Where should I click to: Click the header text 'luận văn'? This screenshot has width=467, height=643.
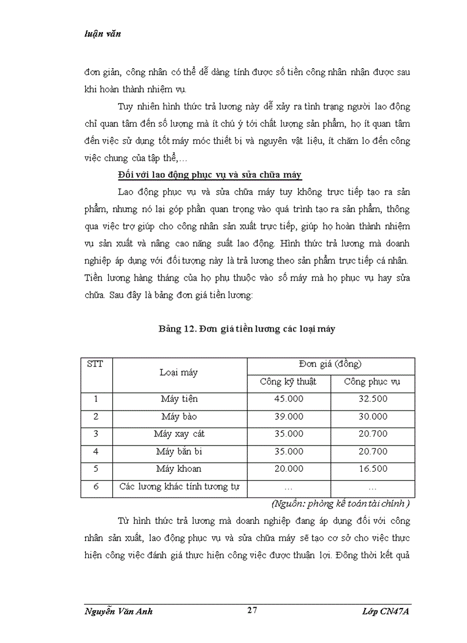(102, 34)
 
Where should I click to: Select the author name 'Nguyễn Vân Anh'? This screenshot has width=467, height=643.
(118, 612)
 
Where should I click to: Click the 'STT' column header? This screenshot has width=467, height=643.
(95, 364)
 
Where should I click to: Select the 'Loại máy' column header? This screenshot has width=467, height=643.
(179, 373)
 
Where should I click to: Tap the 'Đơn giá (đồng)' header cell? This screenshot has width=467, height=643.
(330, 364)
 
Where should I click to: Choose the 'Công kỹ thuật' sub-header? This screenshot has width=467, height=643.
(288, 382)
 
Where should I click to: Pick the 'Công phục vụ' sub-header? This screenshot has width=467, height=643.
(373, 382)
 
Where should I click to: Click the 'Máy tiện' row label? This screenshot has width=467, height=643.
(179, 399)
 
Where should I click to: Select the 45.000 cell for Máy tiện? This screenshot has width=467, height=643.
(288, 399)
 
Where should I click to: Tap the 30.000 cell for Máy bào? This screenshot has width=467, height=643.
(373, 417)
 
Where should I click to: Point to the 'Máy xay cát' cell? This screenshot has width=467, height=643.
(179, 434)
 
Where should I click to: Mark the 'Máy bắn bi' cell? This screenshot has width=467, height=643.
(179, 452)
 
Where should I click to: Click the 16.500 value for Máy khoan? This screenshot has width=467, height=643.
(373, 469)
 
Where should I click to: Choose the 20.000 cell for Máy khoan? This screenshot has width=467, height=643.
(288, 469)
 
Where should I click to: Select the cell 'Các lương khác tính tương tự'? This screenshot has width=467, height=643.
(179, 487)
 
